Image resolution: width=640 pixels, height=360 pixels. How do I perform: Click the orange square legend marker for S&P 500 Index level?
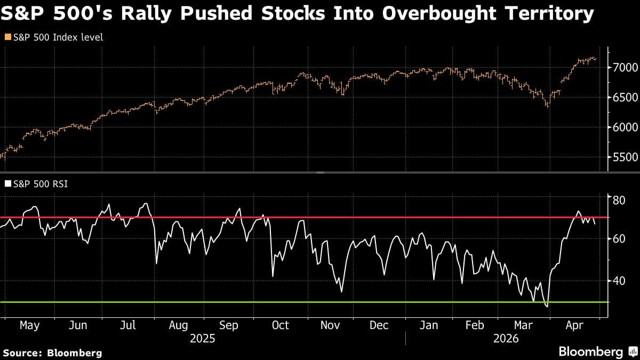point(7,37)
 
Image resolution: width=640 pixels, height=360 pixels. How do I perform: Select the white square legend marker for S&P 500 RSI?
point(7,185)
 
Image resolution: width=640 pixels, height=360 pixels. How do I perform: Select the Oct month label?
point(280,325)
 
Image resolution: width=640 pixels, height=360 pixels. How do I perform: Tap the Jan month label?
point(429,325)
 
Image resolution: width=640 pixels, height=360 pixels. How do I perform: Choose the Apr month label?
point(574,325)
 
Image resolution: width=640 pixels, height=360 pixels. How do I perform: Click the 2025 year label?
point(202,339)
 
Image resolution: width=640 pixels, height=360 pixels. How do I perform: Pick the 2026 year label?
point(507,339)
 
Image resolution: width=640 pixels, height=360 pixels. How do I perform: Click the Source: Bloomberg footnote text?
point(52,353)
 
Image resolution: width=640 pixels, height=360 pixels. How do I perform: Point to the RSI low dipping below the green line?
point(547,306)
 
